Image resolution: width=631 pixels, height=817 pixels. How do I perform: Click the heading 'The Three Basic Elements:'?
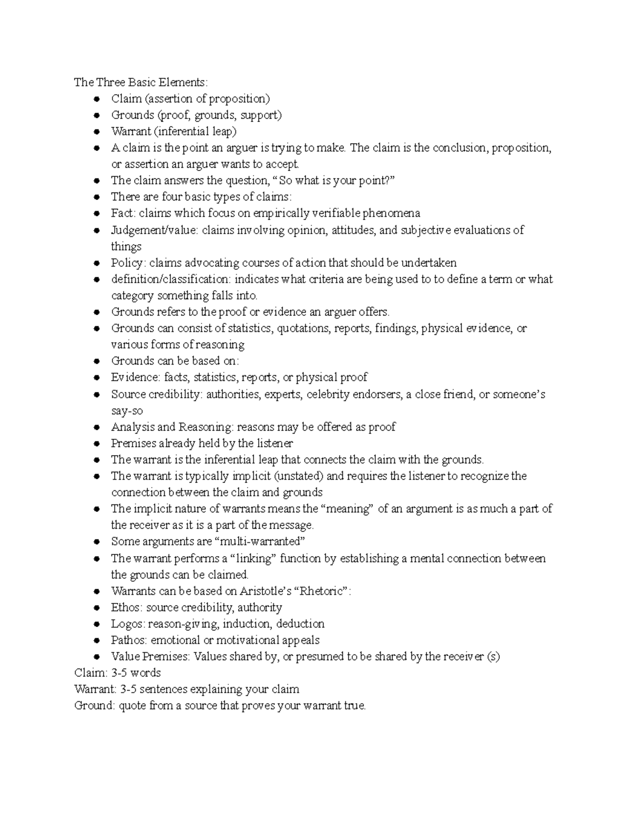click(x=141, y=82)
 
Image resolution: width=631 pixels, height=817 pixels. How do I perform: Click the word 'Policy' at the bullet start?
click(x=125, y=263)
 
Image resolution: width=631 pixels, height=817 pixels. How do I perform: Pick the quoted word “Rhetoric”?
click(x=322, y=591)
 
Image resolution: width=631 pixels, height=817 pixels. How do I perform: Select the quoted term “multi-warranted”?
click(x=260, y=541)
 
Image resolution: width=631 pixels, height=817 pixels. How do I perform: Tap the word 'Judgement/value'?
click(x=154, y=230)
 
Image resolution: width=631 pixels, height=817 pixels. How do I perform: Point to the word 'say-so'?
click(x=127, y=410)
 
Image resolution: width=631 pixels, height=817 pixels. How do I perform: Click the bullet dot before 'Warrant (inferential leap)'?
click(x=96, y=132)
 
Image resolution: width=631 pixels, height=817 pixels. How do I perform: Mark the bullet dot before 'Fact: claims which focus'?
click(x=96, y=214)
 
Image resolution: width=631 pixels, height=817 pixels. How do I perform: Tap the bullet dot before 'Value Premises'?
click(x=96, y=657)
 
